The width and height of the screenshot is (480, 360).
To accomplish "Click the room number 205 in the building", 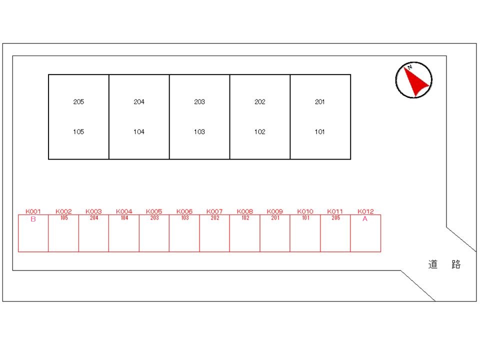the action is click(x=78, y=101).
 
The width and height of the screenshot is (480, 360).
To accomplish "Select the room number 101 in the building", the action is click(x=319, y=131).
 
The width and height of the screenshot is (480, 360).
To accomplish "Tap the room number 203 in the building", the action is click(x=199, y=101).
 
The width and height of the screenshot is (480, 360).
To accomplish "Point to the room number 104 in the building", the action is click(x=138, y=131).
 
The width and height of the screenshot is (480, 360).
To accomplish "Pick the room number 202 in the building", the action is click(x=259, y=101).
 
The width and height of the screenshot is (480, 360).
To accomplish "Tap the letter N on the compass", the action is click(x=409, y=66).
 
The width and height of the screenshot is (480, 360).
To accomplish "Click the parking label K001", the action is click(x=33, y=211).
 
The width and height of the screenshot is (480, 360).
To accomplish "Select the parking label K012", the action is click(x=365, y=211).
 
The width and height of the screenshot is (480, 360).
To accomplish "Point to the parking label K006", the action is click(x=184, y=211).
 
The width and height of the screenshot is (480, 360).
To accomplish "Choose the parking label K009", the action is click(x=274, y=211).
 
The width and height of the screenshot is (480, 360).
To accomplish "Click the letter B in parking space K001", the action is click(x=33, y=219).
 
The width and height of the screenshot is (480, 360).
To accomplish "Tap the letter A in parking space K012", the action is click(x=365, y=219).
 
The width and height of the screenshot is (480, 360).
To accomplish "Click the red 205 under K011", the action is click(x=336, y=217).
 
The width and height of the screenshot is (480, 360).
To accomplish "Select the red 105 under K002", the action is click(x=64, y=217).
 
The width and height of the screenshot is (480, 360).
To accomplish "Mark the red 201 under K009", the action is click(x=275, y=217).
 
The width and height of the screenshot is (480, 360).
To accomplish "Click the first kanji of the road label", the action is click(x=433, y=264).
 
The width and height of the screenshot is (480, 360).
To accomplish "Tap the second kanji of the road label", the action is click(x=456, y=264).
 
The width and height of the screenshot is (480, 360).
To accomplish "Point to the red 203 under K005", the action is click(x=154, y=217).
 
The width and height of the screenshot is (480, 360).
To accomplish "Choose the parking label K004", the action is click(x=124, y=211).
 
